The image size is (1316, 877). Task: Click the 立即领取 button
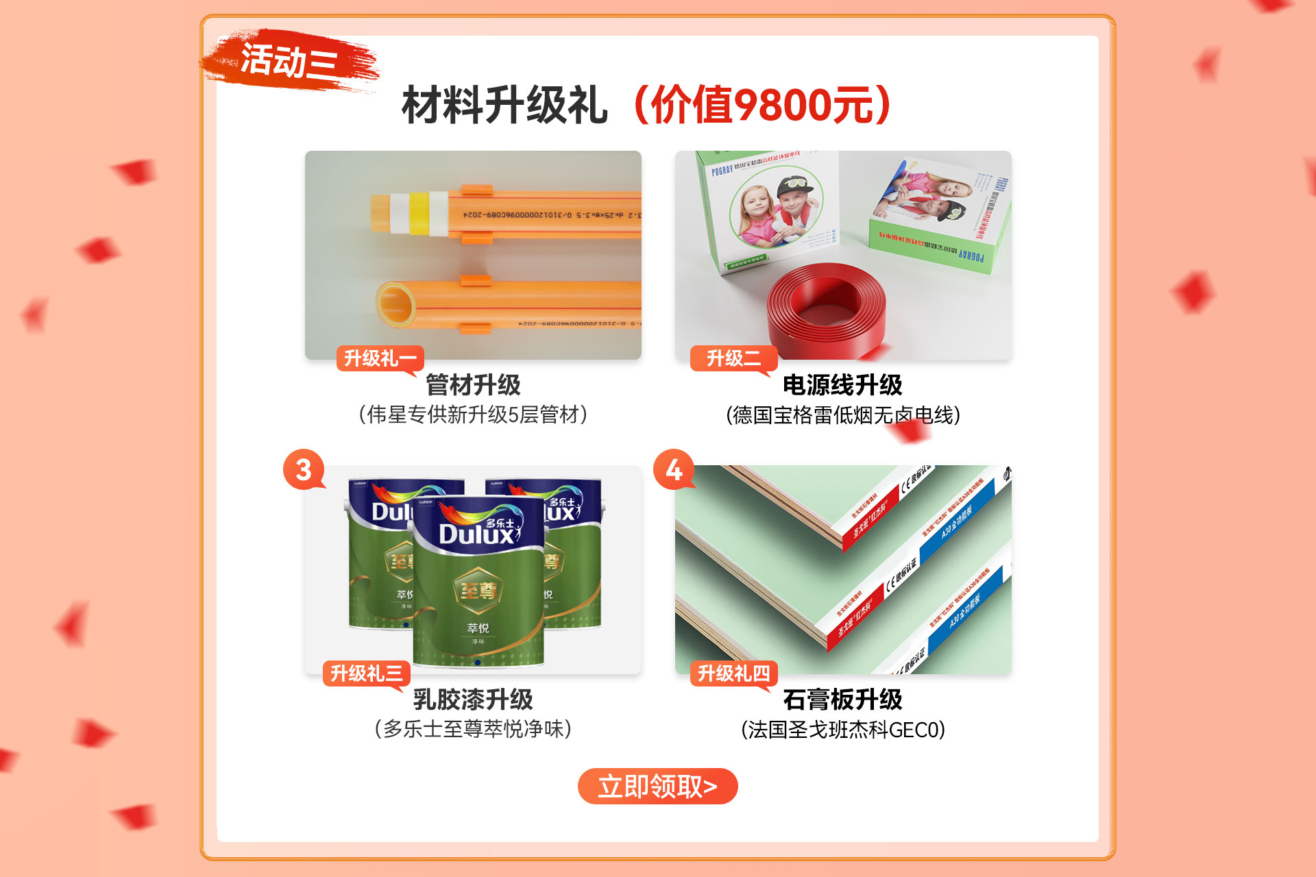click(x=657, y=786)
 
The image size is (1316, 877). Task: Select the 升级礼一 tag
click(x=380, y=358)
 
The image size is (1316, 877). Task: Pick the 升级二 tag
click(x=733, y=358)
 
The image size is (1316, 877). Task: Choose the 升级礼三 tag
click(x=367, y=674)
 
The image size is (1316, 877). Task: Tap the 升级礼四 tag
click(x=733, y=674)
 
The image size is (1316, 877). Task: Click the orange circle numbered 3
click(x=304, y=469)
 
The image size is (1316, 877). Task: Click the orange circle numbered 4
click(x=674, y=469)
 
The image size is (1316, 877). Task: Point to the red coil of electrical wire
click(x=826, y=308)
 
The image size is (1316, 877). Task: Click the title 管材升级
click(x=473, y=385)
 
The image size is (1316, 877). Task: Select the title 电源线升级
click(x=842, y=385)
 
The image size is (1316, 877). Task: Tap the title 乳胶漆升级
click(x=473, y=700)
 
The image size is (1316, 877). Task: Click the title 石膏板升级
click(x=842, y=700)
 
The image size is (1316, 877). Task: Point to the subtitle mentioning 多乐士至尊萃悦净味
click(x=473, y=729)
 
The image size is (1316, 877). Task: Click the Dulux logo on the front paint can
click(x=478, y=532)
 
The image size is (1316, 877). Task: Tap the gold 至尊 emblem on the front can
click(x=478, y=591)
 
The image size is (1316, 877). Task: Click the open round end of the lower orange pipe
click(x=395, y=303)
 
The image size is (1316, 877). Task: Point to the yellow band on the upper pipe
click(x=419, y=213)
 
